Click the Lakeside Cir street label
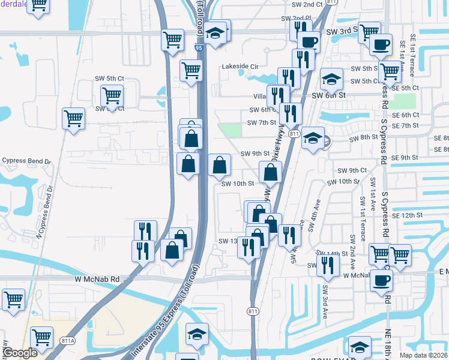(240, 67)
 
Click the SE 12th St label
(408, 215)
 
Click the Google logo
(20, 353)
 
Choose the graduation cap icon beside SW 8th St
(313, 138)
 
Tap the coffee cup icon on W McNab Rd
(381, 280)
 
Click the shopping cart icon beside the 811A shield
(42, 338)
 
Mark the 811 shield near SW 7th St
(294, 133)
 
